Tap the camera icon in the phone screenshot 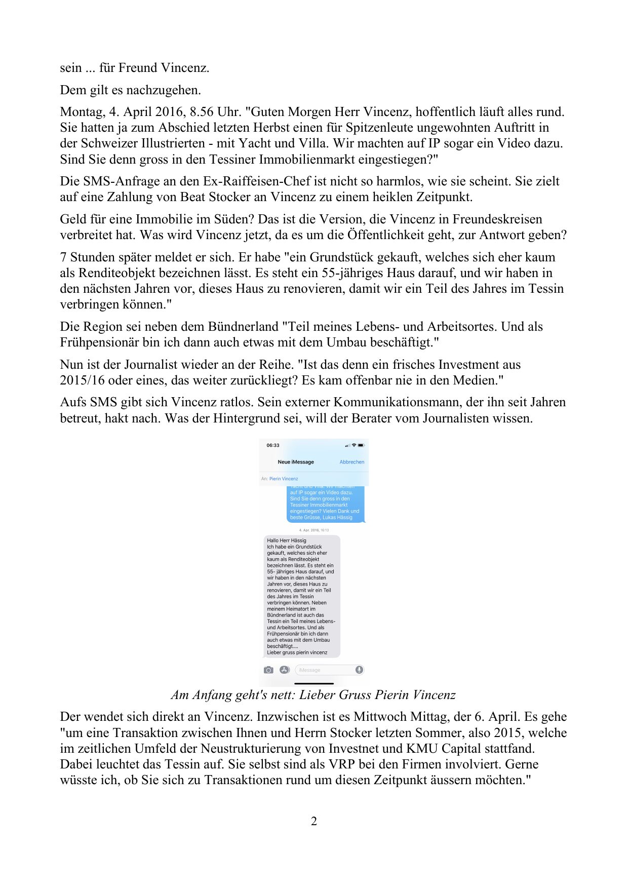(x=268, y=670)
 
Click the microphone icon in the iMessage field (x=359, y=670)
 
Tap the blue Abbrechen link (x=351, y=462)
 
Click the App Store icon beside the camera (x=285, y=670)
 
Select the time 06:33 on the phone (x=273, y=445)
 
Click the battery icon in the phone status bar (x=361, y=445)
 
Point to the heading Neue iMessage (x=296, y=462)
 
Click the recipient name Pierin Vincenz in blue (x=284, y=479)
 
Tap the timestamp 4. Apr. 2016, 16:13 (x=314, y=530)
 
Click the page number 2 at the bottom (x=314, y=821)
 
